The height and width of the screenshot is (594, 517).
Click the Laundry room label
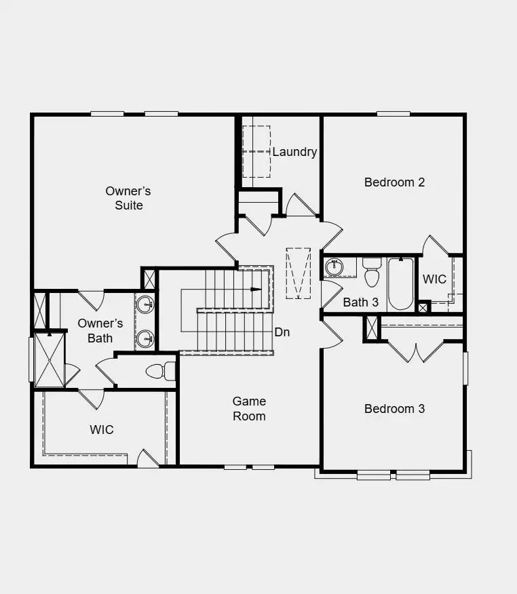294,152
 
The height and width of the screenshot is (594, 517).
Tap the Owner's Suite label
128,198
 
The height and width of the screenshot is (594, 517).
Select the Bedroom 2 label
394,182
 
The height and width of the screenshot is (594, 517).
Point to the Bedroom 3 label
394,408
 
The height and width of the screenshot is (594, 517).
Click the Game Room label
249,408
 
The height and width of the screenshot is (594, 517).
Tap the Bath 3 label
360,302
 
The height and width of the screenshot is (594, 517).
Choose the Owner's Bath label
100,330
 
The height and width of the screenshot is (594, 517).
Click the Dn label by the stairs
282,332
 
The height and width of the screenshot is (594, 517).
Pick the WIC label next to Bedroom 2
434,279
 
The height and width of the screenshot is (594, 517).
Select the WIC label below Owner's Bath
102,430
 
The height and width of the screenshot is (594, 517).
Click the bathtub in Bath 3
400,283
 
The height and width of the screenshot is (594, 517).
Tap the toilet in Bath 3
372,273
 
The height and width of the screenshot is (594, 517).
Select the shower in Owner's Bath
49,359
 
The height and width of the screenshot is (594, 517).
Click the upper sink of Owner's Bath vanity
145,306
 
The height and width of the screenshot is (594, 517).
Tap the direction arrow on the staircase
254,290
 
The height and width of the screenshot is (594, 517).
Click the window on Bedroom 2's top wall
394,113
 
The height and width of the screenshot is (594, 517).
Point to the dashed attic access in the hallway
298,273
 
